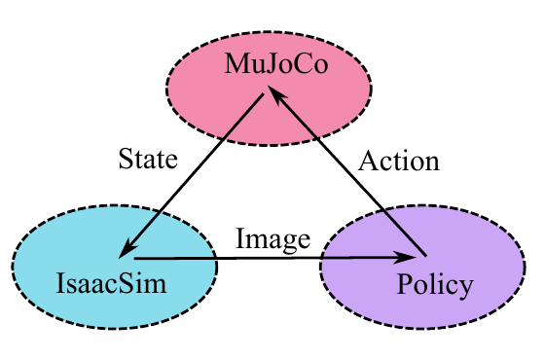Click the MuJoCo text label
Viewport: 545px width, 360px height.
tap(276, 63)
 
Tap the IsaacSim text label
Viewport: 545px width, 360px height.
tap(111, 283)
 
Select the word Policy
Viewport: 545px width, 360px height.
tap(435, 285)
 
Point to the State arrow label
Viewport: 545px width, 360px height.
tap(148, 159)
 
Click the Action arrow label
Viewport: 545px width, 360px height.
tap(399, 162)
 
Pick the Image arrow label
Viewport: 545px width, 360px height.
tap(272, 239)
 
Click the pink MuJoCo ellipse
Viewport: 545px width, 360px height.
tap(269, 89)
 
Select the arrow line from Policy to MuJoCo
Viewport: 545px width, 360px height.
tap(346, 171)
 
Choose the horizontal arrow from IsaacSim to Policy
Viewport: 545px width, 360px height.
tap(275, 258)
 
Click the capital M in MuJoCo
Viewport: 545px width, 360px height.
tap(237, 63)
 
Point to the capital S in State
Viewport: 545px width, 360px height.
tap(126, 159)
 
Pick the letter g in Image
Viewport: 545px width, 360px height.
tap(281, 243)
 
